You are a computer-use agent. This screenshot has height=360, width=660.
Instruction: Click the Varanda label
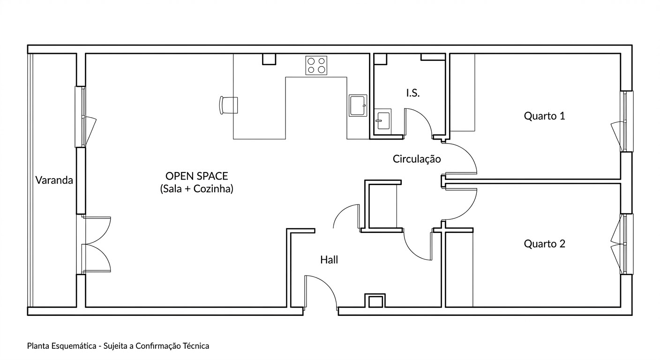click(x=54, y=180)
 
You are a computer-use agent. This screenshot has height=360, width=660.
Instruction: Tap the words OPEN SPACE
click(x=196, y=176)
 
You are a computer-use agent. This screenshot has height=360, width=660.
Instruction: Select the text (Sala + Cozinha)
click(x=196, y=189)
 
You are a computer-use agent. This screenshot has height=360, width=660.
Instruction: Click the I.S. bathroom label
click(x=413, y=93)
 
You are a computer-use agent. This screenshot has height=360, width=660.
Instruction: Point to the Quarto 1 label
click(x=545, y=116)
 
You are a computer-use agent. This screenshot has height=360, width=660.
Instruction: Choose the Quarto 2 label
click(x=545, y=244)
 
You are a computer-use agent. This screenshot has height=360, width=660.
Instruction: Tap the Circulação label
click(x=417, y=159)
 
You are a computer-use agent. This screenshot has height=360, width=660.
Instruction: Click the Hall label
click(x=329, y=260)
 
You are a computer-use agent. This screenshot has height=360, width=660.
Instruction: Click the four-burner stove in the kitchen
click(x=316, y=66)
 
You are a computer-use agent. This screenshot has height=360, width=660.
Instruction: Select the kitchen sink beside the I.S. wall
click(x=358, y=105)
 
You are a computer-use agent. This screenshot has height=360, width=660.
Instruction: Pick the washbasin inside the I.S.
click(x=383, y=121)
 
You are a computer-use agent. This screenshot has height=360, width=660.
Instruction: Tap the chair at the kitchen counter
click(x=229, y=105)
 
